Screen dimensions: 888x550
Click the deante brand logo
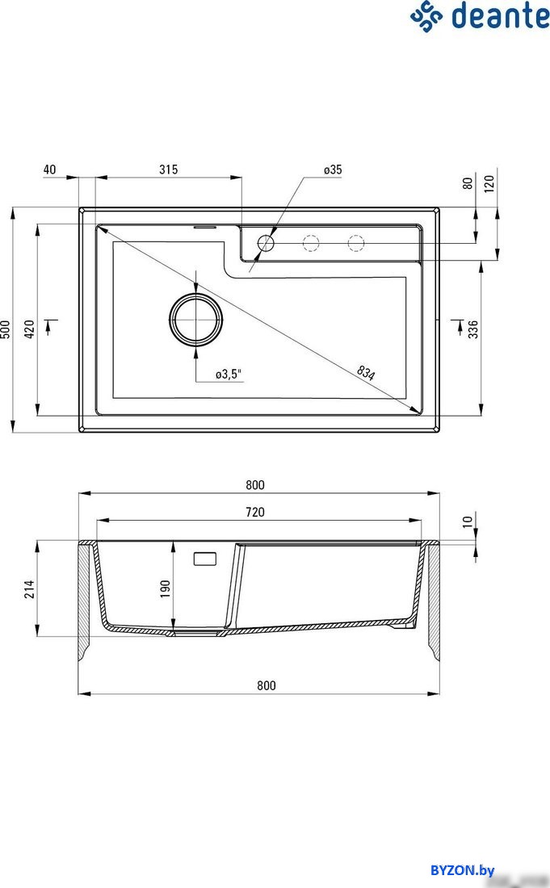point(479,16)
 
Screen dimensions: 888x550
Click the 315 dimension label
point(168,170)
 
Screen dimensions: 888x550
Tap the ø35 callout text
point(333,170)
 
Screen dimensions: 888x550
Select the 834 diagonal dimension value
point(366,372)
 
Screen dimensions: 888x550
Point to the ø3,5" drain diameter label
point(229,374)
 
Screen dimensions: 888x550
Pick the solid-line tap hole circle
point(266,242)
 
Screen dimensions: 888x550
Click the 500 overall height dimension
point(6,329)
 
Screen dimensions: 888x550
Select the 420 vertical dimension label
point(28,329)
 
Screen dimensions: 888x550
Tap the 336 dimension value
point(473,329)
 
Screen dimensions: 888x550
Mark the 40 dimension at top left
point(49,170)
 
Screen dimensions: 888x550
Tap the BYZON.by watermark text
point(462,869)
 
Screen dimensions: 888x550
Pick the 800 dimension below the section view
point(267,685)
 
